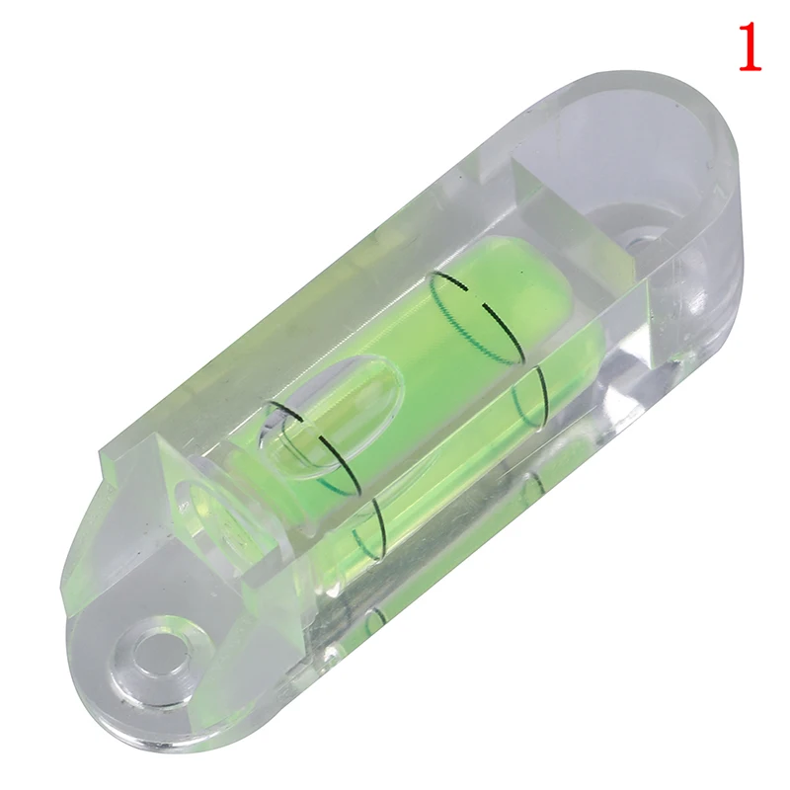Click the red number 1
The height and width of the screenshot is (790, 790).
750,46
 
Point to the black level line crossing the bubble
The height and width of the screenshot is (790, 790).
323,444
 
